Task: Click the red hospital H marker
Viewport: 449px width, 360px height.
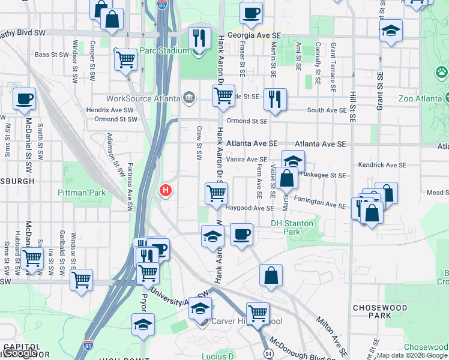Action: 165,191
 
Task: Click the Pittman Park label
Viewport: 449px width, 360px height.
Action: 81,193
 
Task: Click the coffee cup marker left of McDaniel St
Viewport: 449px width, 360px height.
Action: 24,99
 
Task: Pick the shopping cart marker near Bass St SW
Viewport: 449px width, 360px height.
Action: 125,59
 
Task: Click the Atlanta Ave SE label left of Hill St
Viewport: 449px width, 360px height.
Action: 321,145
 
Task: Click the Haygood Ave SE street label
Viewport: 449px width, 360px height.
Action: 250,208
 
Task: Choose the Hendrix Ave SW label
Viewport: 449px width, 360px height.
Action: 110,110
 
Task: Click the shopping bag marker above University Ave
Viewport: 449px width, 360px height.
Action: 271,275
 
